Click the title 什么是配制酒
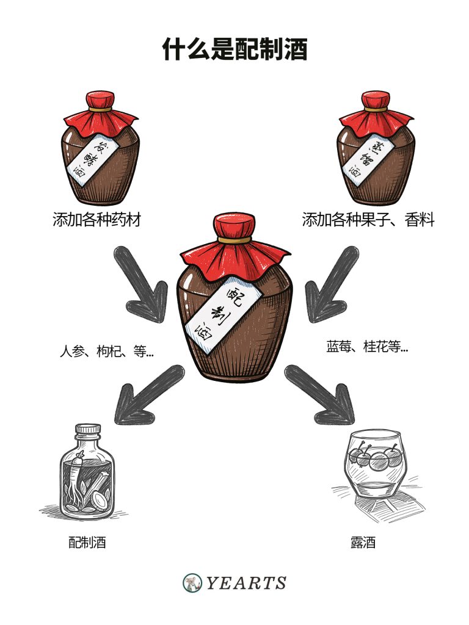click(234, 49)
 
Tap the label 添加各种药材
click(97, 220)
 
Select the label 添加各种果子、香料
click(368, 220)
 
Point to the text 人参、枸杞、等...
click(106, 352)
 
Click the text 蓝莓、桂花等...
click(366, 347)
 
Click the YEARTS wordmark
click(245, 583)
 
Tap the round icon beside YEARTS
click(192, 583)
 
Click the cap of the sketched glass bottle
click(87, 430)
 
